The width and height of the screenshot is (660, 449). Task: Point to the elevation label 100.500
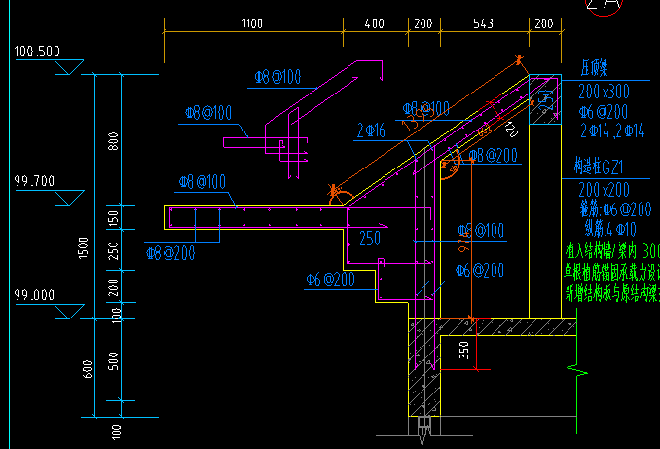[x=37, y=51]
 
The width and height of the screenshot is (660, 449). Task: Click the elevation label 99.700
[x=35, y=180]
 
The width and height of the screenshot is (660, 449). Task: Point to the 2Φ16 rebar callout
[x=370, y=129]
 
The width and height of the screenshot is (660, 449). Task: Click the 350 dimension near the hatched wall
[x=463, y=350]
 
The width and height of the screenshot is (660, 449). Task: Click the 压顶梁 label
[x=594, y=69]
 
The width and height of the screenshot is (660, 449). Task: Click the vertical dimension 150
[x=114, y=216]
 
